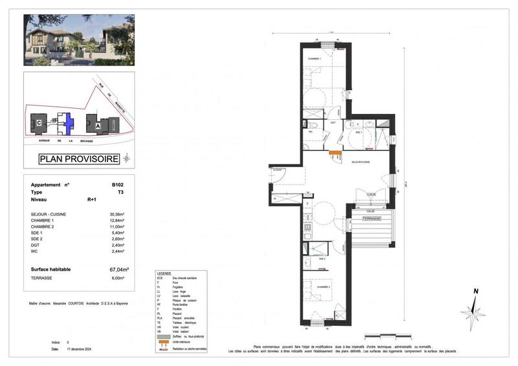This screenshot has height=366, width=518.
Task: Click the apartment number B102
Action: [x=117, y=185]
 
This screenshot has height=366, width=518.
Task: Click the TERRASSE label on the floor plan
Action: [x=370, y=219]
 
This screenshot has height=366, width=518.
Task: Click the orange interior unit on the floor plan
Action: [x=335, y=154]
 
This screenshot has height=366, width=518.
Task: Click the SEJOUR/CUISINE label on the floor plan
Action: [x=361, y=161]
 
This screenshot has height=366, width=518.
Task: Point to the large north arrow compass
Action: [x=474, y=310]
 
